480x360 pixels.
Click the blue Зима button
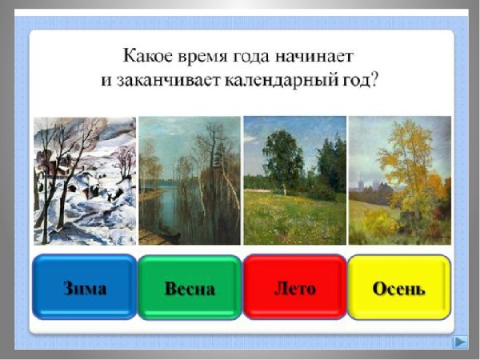[84, 287]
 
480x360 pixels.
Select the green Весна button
[189, 287]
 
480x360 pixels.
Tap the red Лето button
[294, 287]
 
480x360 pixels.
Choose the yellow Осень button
[399, 287]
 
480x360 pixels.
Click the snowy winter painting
[84, 181]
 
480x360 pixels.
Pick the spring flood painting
[189, 181]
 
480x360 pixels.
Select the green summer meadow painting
[294, 181]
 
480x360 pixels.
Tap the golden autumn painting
[399, 181]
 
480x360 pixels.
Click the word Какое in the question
[146, 58]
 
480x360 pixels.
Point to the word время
[204, 58]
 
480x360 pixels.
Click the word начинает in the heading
[317, 58]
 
